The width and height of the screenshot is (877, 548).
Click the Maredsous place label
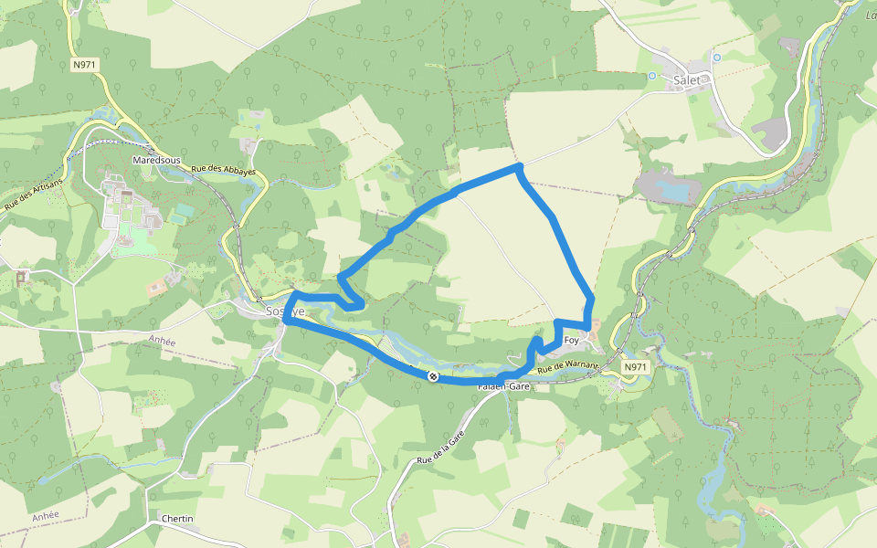[155, 160]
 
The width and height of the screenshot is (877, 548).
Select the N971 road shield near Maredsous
[86, 65]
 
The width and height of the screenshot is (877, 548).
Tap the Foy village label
[572, 341]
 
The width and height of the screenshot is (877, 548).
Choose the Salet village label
[686, 80]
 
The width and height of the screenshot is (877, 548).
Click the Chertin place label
[176, 519]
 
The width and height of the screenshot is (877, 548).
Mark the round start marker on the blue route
[432, 376]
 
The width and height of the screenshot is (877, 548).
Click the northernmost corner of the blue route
[518, 167]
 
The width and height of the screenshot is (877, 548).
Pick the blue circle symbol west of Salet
[652, 76]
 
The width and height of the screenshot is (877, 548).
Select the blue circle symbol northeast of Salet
[716, 57]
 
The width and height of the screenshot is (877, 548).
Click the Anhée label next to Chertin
[45, 515]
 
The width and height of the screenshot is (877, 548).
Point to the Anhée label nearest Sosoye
[161, 339]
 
